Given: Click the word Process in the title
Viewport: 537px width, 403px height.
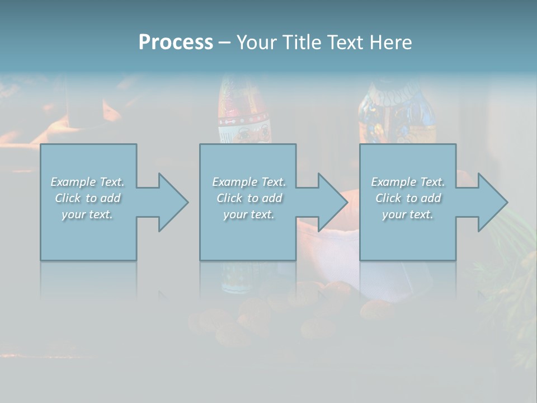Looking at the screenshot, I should tap(176, 43).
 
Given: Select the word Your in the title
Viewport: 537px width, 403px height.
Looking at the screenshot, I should tap(257, 43).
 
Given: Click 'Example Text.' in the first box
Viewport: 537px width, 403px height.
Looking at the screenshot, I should tap(87, 182).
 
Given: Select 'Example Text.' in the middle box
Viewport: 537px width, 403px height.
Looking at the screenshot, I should tap(249, 182).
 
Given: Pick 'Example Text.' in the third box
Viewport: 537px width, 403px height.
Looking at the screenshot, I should tap(408, 182).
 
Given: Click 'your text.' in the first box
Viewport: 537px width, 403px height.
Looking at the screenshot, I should tap(87, 214).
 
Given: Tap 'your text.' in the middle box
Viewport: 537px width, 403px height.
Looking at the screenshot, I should tap(249, 214).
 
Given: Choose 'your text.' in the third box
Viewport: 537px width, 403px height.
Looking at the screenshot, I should tap(408, 214).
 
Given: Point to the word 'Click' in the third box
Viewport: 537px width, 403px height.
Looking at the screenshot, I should tap(388, 198).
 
